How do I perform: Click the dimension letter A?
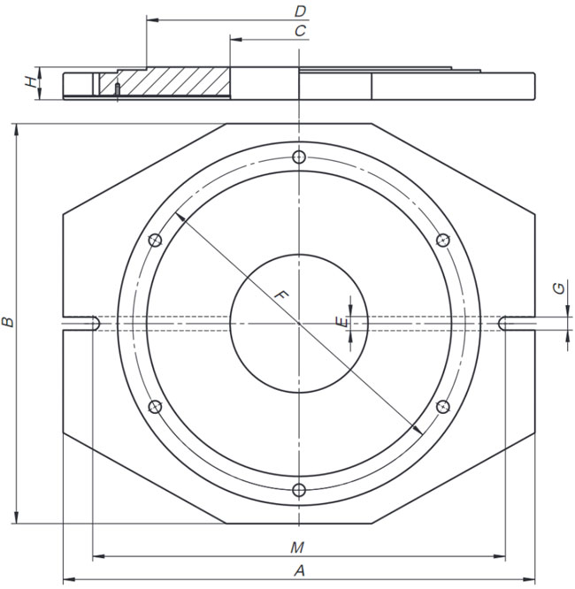click(299, 571)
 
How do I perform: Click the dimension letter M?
click(297, 547)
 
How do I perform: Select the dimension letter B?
click(8, 322)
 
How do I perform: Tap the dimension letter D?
click(300, 11)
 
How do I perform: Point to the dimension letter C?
click(300, 31)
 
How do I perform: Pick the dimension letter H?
click(31, 82)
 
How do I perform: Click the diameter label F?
click(280, 294)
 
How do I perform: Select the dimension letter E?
click(341, 322)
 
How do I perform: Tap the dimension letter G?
click(559, 288)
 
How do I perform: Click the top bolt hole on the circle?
click(299, 157)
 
